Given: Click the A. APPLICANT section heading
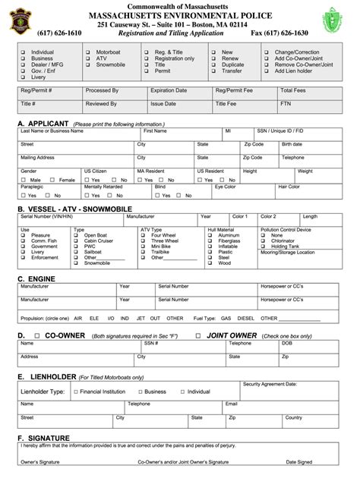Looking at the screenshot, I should (43, 123).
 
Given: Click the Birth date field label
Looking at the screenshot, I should (292, 144).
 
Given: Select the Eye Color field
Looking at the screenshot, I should (226, 185).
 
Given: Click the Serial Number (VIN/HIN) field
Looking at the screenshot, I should (46, 216).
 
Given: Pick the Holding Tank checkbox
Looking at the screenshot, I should (264, 247).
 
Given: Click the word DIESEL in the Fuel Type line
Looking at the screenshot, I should (245, 319).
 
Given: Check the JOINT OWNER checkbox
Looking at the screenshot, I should (197, 335).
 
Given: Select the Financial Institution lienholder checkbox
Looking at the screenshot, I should (75, 392).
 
